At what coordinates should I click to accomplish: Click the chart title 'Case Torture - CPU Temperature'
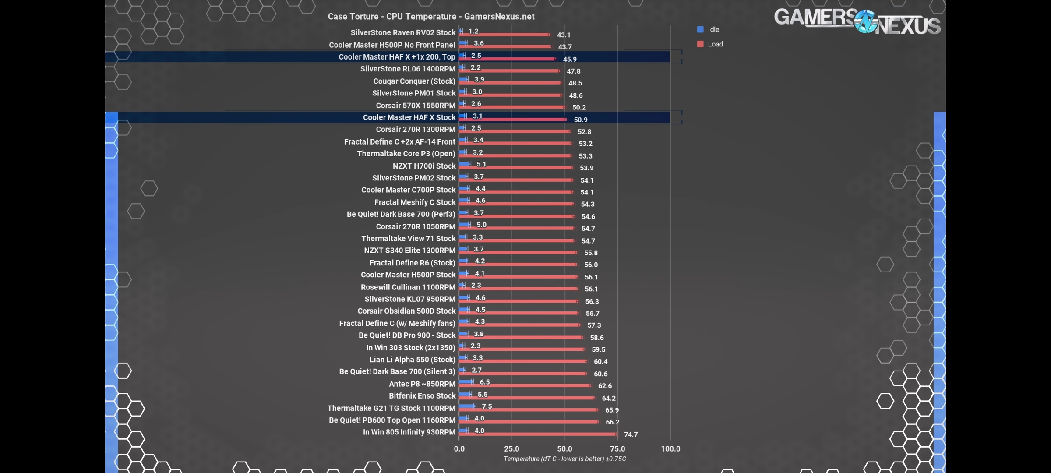(431, 17)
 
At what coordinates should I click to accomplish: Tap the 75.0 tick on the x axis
(617, 449)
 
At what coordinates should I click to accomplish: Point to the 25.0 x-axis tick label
(511, 449)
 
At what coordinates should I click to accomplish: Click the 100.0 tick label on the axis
(670, 449)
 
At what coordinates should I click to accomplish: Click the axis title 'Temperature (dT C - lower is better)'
(564, 459)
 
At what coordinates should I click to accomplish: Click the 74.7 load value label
(631, 434)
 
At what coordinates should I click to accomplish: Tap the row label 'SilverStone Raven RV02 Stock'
(403, 33)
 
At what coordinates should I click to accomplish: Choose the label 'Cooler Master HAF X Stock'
(409, 117)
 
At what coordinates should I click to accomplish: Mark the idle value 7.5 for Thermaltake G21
(487, 406)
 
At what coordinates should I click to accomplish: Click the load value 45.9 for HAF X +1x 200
(570, 59)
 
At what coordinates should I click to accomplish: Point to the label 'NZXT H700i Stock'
(424, 166)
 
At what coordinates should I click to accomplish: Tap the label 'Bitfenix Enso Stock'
(422, 396)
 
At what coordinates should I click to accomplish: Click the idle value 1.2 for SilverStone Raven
(473, 32)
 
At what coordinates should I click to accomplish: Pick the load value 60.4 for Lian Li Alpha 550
(600, 362)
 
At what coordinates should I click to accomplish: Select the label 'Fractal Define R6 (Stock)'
(412, 263)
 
